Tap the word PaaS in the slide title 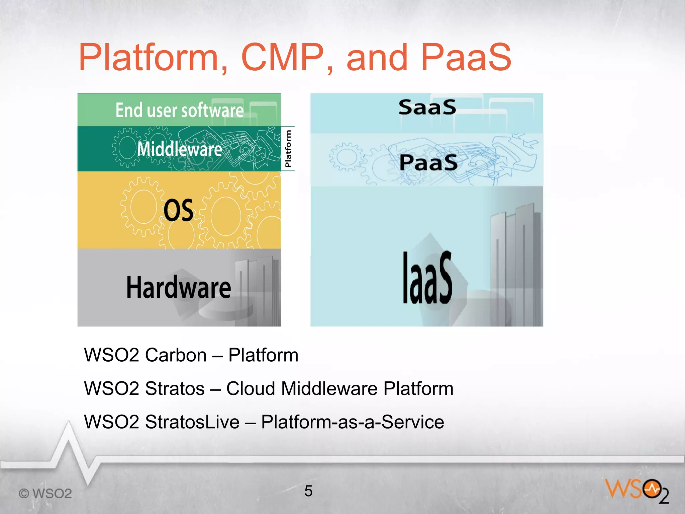pos(466,58)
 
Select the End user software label pos(180,110)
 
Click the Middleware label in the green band pos(180,149)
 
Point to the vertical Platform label pos(288,149)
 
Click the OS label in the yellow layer pos(179,210)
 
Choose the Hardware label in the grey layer pos(179,287)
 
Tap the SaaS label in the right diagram pos(427,107)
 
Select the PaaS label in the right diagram pos(428,163)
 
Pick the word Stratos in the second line pos(175,388)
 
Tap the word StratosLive pos(192,422)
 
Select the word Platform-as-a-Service pos(352,422)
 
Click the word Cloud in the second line pos(252,388)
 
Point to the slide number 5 pos(308,491)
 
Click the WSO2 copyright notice pos(45,494)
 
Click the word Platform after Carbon pos(263,355)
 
